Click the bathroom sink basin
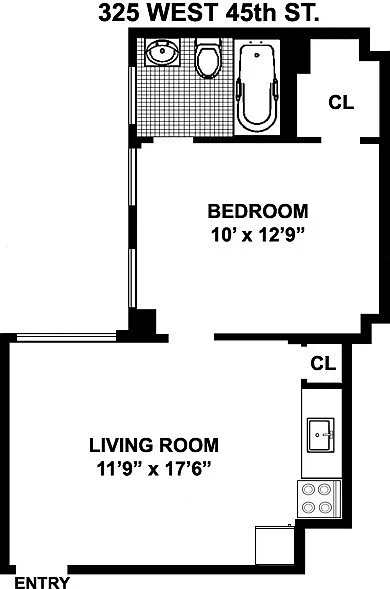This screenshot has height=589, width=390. point(163,53)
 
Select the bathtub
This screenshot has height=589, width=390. point(257,86)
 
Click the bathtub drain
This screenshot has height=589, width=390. point(257,55)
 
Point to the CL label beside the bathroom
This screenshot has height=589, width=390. point(341,102)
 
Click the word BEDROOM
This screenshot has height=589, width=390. point(258,211)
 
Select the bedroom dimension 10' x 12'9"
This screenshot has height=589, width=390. point(258,236)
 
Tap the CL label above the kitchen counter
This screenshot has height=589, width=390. point(323,363)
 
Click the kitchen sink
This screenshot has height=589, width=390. point(321,435)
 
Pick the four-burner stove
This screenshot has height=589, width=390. point(319,499)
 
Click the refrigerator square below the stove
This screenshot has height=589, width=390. point(275,545)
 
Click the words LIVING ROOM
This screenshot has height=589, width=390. point(154,445)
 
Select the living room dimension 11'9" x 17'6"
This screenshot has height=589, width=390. point(154,469)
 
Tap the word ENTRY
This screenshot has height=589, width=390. point(42,583)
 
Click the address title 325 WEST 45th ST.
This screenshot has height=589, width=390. point(209,14)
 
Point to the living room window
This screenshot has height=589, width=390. point(67,337)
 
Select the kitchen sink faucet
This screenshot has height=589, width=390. point(329,435)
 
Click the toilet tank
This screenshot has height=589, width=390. point(208,42)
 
